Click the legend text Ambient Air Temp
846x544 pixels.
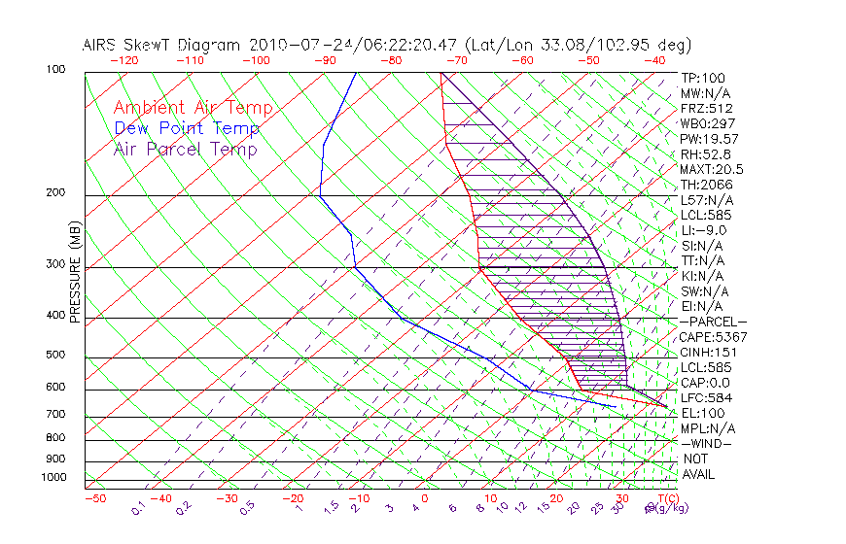point(193,108)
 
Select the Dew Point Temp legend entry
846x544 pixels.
point(186,128)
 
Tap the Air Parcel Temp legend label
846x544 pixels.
point(185,149)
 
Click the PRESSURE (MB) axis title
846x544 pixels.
point(75,272)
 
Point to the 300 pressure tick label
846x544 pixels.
point(56,264)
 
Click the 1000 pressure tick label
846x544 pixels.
point(53,478)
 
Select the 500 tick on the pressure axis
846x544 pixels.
point(56,356)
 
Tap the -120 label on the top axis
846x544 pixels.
point(124,60)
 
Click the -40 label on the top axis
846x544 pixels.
point(654,60)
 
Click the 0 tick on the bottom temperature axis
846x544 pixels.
point(424,498)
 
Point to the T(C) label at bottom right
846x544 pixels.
point(663,498)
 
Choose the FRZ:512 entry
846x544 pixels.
point(706,108)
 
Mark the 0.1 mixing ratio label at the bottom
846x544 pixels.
point(138,507)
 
